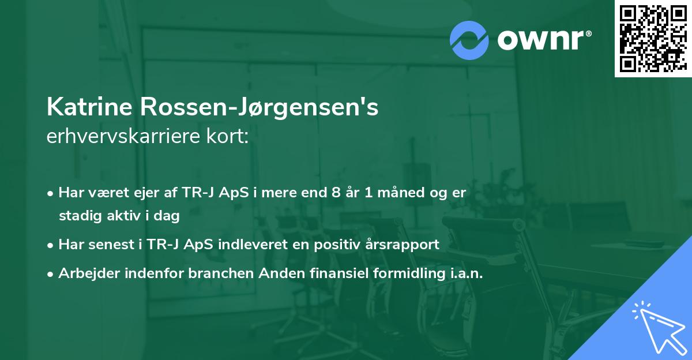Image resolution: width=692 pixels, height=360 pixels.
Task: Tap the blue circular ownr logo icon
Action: pos(469,40)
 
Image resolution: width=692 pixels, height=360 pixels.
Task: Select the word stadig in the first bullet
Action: pos(78,217)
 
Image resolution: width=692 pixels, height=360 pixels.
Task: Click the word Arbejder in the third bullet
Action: pos(83,273)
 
